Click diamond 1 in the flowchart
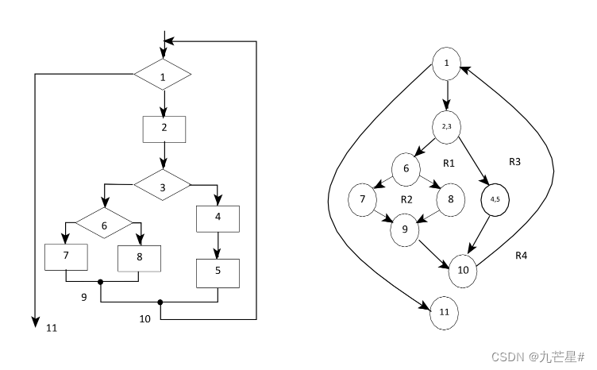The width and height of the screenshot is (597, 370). coord(163,77)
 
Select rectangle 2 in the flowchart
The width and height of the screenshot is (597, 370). coord(164,128)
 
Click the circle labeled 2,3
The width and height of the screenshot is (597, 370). coord(448,126)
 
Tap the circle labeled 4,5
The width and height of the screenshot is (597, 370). coord(495,198)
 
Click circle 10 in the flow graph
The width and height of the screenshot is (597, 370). coord(464,270)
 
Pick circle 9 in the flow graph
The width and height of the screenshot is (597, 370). coord(404,230)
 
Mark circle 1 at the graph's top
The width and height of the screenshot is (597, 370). coord(447,64)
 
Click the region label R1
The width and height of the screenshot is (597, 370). coord(448,164)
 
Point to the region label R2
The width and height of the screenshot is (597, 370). coord(406,198)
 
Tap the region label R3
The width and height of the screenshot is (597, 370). coord(515,161)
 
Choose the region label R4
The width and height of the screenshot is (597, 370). coord(522,256)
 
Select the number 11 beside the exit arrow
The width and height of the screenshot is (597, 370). coord(52,327)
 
